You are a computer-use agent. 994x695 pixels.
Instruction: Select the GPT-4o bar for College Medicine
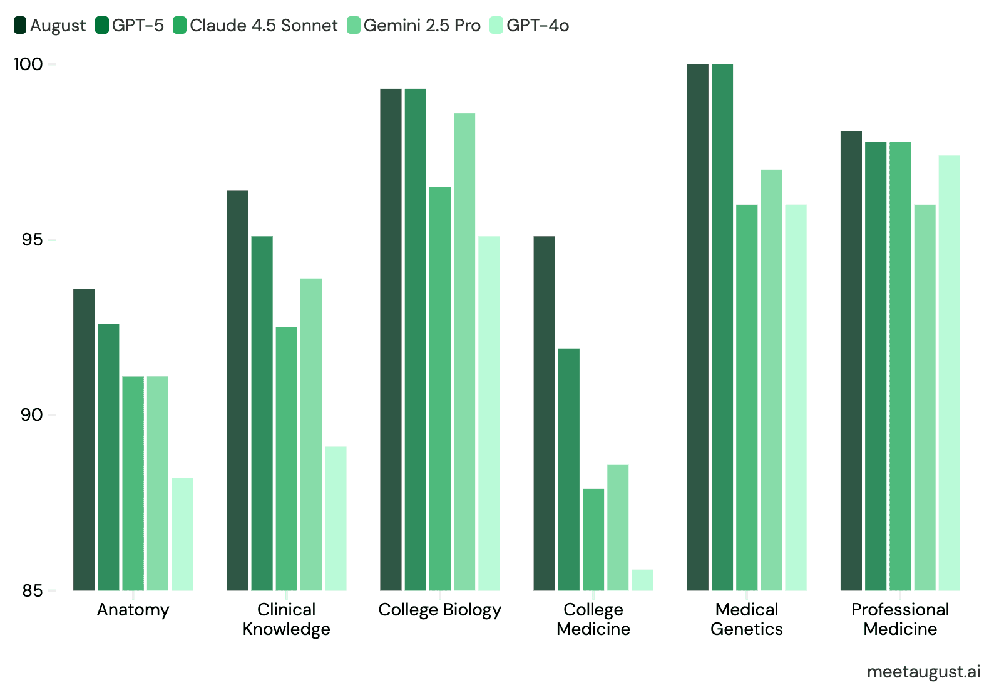pyautogui.click(x=642, y=580)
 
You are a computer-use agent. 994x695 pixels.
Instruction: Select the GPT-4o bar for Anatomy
pyautogui.click(x=182, y=534)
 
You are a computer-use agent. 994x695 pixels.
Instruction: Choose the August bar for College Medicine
pyautogui.click(x=544, y=413)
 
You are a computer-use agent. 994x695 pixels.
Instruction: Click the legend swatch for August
pyautogui.click(x=20, y=25)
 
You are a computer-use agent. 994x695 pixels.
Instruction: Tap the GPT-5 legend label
pyautogui.click(x=138, y=25)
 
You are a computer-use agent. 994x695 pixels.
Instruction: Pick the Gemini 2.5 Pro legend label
pyautogui.click(x=422, y=25)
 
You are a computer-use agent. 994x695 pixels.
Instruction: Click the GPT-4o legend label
pyautogui.click(x=538, y=25)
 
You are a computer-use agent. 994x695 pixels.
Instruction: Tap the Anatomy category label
pyautogui.click(x=133, y=610)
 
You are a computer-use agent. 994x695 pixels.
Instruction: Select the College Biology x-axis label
pyautogui.click(x=439, y=610)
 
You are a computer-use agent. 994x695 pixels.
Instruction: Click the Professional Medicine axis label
pyautogui.click(x=900, y=619)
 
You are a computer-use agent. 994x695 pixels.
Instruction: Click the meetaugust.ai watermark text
pyautogui.click(x=923, y=672)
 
